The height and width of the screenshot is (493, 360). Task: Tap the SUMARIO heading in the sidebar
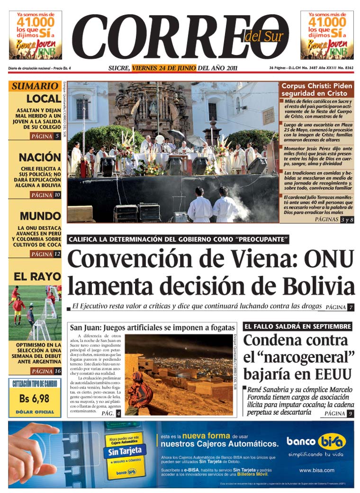click(35, 86)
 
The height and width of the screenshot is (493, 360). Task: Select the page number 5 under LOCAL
click(57, 137)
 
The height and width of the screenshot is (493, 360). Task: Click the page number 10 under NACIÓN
click(57, 195)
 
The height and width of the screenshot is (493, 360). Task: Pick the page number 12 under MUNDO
click(57, 254)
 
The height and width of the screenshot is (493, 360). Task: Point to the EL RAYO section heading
click(35, 276)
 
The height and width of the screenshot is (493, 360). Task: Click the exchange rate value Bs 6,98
click(35, 399)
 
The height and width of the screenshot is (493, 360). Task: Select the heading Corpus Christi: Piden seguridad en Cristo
click(316, 90)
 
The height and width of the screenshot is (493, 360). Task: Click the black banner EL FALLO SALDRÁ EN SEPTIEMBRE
click(297, 327)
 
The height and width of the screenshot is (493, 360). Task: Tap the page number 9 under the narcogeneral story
click(350, 414)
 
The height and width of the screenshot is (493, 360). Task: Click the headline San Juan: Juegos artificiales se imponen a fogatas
click(153, 328)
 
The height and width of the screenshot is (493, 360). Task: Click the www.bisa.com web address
click(317, 470)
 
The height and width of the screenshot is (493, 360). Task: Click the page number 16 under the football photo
click(57, 371)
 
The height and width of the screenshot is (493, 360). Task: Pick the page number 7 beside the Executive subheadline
click(351, 307)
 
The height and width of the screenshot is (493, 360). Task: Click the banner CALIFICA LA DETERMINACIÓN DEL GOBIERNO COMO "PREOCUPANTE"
click(178, 239)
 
